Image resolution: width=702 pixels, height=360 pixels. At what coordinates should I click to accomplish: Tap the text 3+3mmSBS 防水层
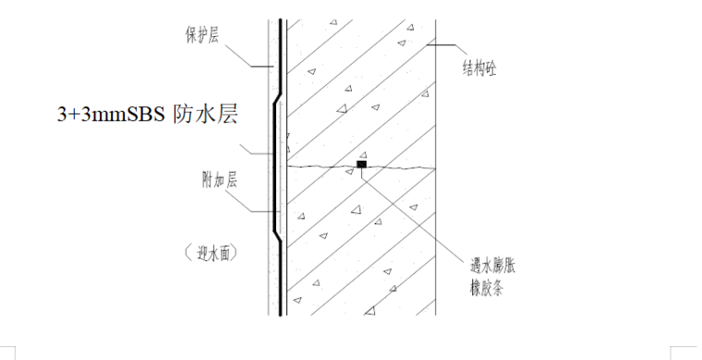[148, 114]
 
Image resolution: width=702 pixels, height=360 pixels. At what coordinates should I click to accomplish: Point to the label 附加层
[220, 181]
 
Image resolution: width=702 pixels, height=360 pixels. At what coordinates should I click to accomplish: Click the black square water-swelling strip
[362, 166]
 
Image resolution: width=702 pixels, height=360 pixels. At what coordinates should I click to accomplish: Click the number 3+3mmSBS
[110, 114]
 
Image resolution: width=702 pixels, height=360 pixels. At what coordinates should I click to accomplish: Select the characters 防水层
[204, 114]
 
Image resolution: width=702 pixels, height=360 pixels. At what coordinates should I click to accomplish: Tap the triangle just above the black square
[363, 154]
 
